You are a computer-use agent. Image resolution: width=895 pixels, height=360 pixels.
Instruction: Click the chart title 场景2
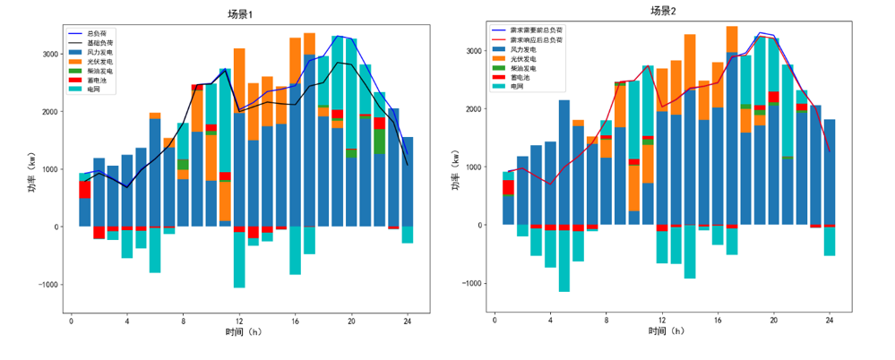click(663, 11)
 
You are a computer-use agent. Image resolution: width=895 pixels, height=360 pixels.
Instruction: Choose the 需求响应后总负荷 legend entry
click(536, 40)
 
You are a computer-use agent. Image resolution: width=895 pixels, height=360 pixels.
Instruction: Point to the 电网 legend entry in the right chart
click(517, 87)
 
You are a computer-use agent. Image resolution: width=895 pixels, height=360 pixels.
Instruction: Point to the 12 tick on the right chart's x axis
click(662, 320)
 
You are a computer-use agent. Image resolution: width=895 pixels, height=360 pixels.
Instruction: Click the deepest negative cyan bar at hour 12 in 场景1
click(239, 261)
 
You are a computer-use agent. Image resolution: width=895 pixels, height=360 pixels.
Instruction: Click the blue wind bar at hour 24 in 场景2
click(830, 172)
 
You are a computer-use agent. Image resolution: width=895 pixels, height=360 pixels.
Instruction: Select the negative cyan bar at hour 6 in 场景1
click(155, 251)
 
